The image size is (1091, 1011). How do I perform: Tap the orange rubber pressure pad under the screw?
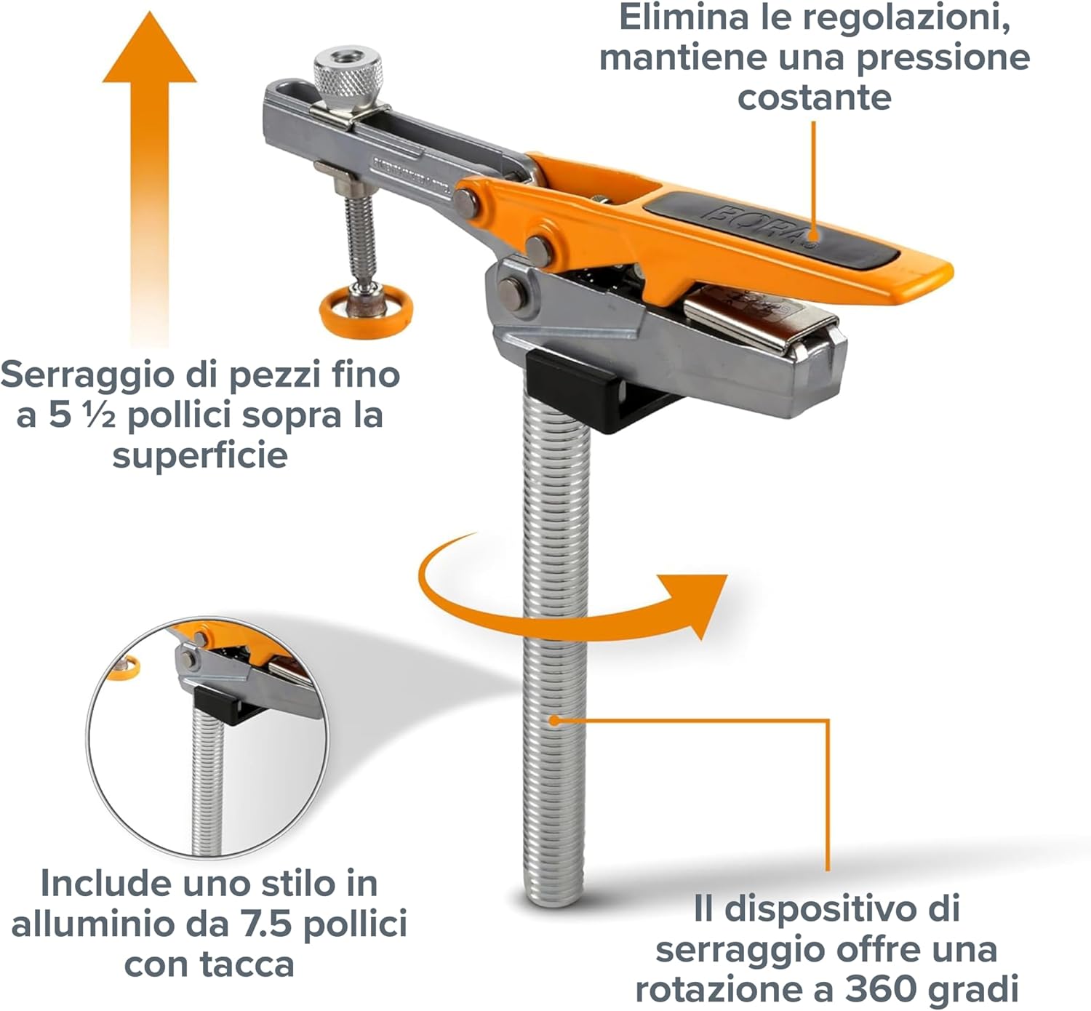coord(366,311)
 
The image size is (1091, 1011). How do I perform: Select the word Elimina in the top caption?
coord(683,17)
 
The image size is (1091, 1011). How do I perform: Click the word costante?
coord(814,97)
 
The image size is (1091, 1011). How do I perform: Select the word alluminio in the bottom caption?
coord(89,924)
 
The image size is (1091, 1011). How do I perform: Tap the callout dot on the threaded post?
coord(554,720)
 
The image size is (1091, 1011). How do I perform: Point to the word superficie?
coord(200,456)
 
